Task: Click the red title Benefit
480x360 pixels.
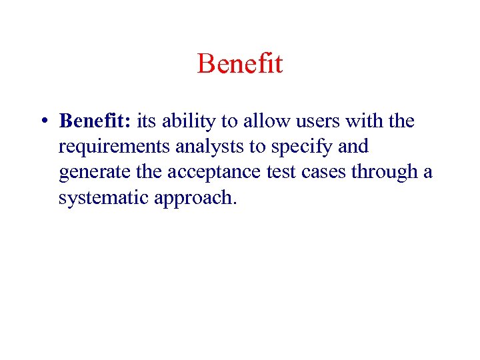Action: coord(240,64)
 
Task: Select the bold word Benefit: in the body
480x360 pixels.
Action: coord(95,121)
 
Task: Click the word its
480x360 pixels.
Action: coord(147,121)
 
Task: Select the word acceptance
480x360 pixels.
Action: coord(206,172)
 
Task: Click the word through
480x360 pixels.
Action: coord(384,173)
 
